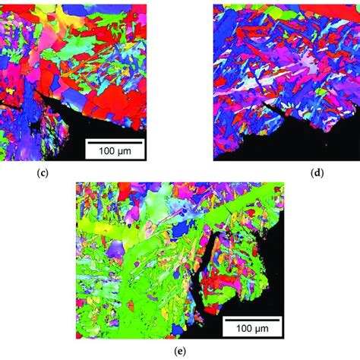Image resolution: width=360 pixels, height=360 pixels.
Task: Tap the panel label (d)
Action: pos(318,172)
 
